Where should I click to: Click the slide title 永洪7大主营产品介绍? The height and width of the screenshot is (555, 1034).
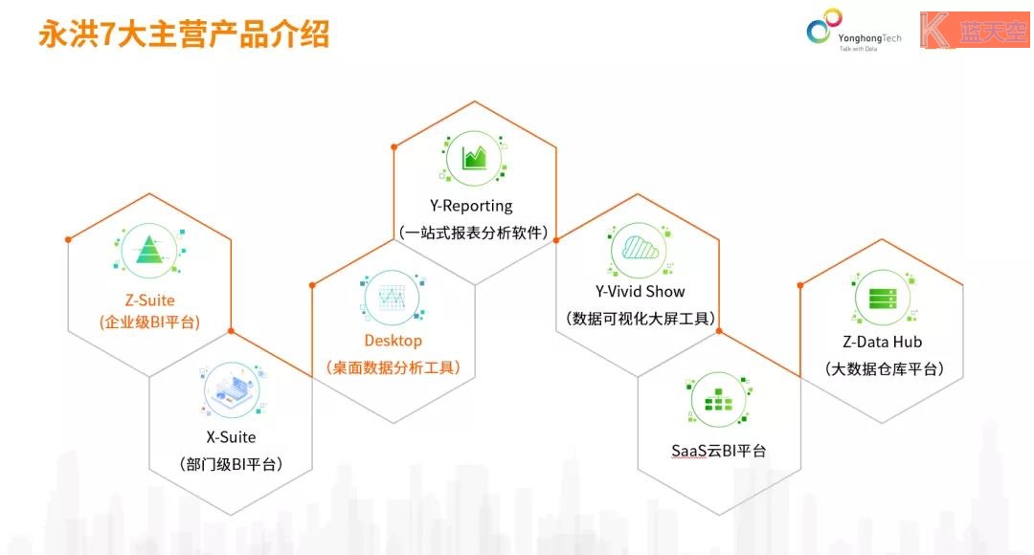(184, 34)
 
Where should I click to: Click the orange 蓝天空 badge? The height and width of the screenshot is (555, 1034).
(975, 31)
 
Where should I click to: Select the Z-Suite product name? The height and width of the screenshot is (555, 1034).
(150, 300)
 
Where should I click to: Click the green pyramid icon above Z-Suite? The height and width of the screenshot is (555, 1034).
(149, 250)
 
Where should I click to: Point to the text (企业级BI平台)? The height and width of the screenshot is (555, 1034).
(149, 322)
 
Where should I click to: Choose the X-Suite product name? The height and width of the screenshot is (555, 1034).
(231, 437)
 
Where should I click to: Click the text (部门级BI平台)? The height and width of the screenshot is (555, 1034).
(231, 465)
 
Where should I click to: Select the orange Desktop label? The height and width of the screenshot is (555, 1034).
(393, 341)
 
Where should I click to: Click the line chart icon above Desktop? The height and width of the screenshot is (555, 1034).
(393, 298)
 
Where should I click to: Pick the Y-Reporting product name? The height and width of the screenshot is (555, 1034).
(471, 207)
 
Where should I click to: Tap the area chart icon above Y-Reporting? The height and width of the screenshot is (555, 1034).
(474, 158)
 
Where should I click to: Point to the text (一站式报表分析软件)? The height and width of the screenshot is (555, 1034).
(474, 233)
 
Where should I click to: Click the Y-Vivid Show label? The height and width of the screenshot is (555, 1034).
(640, 291)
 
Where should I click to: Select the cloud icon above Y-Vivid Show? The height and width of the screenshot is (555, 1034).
(640, 249)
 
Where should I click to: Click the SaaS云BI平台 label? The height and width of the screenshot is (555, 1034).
(718, 451)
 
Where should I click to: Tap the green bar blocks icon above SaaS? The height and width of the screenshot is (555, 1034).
(718, 400)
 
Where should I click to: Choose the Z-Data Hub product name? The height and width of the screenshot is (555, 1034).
(883, 343)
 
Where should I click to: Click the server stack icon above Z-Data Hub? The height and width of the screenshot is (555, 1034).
(883, 298)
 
